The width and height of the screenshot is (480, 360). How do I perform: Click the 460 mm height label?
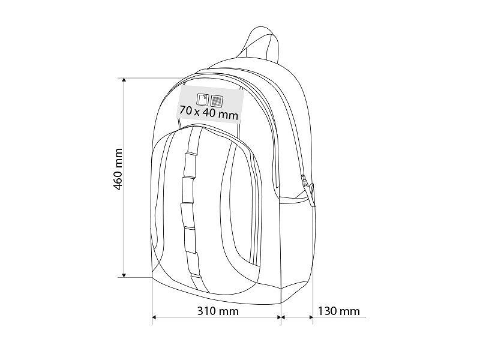click(118, 169)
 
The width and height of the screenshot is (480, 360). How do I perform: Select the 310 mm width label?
click(218, 311)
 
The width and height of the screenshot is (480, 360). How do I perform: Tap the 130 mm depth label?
click(339, 311)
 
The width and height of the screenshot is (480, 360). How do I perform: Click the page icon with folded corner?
click(203, 99)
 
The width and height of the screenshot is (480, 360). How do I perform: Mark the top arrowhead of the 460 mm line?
click(124, 80)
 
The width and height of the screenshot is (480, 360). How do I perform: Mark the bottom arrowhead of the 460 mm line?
click(124, 275)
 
